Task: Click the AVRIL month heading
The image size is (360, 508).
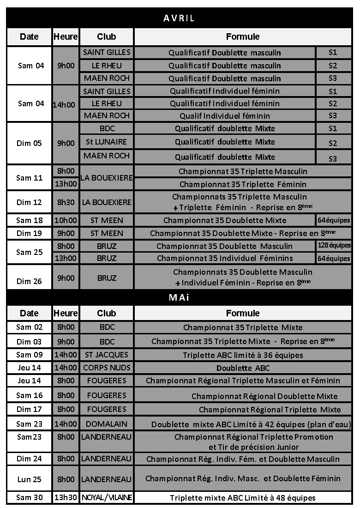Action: click(179, 18)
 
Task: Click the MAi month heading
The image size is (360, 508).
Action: click(179, 297)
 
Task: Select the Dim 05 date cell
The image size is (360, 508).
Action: click(30, 143)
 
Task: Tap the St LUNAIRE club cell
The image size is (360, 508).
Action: click(107, 142)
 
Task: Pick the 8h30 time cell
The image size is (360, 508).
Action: click(66, 202)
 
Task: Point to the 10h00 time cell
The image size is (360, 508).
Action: click(66, 220)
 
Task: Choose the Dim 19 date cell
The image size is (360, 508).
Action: click(30, 233)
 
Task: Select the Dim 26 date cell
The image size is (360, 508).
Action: click(30, 281)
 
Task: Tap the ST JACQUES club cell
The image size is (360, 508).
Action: click(107, 355)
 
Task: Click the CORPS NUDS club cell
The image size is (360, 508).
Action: click(107, 368)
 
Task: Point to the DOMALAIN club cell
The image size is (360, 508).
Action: click(107, 423)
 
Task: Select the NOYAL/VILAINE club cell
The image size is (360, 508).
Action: click(107, 497)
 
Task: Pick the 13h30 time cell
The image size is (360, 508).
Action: click(66, 497)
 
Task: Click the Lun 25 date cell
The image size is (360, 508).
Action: click(30, 479)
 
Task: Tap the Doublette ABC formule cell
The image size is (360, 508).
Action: click(243, 368)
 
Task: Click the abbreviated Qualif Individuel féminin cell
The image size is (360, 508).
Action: click(225, 115)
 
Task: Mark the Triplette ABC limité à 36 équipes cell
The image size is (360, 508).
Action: click(243, 355)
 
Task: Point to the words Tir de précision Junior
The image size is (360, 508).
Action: click(253, 447)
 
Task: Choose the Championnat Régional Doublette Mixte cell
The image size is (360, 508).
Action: click(264, 396)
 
